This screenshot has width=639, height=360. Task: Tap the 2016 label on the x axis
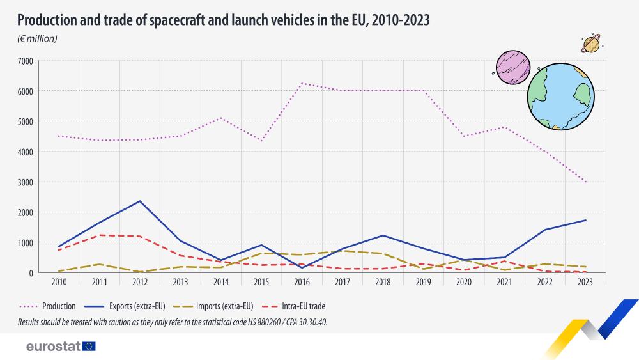pyautogui.click(x=302, y=281)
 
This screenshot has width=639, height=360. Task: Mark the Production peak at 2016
pyautogui.click(x=302, y=83)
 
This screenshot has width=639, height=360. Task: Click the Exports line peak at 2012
pyautogui.click(x=139, y=201)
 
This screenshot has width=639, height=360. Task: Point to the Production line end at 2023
pyautogui.click(x=586, y=182)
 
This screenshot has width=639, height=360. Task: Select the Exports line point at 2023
pyautogui.click(x=586, y=220)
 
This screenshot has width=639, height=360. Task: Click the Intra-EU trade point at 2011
pyautogui.click(x=99, y=235)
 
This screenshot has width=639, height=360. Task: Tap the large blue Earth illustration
pyautogui.click(x=560, y=96)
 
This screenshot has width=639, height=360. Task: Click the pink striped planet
pyautogui.click(x=514, y=68)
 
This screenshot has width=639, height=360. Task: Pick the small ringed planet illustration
pyautogui.click(x=591, y=44)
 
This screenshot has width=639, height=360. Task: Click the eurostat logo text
pyautogui.click(x=53, y=347)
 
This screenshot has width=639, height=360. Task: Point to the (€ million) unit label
pyautogui.click(x=37, y=39)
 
